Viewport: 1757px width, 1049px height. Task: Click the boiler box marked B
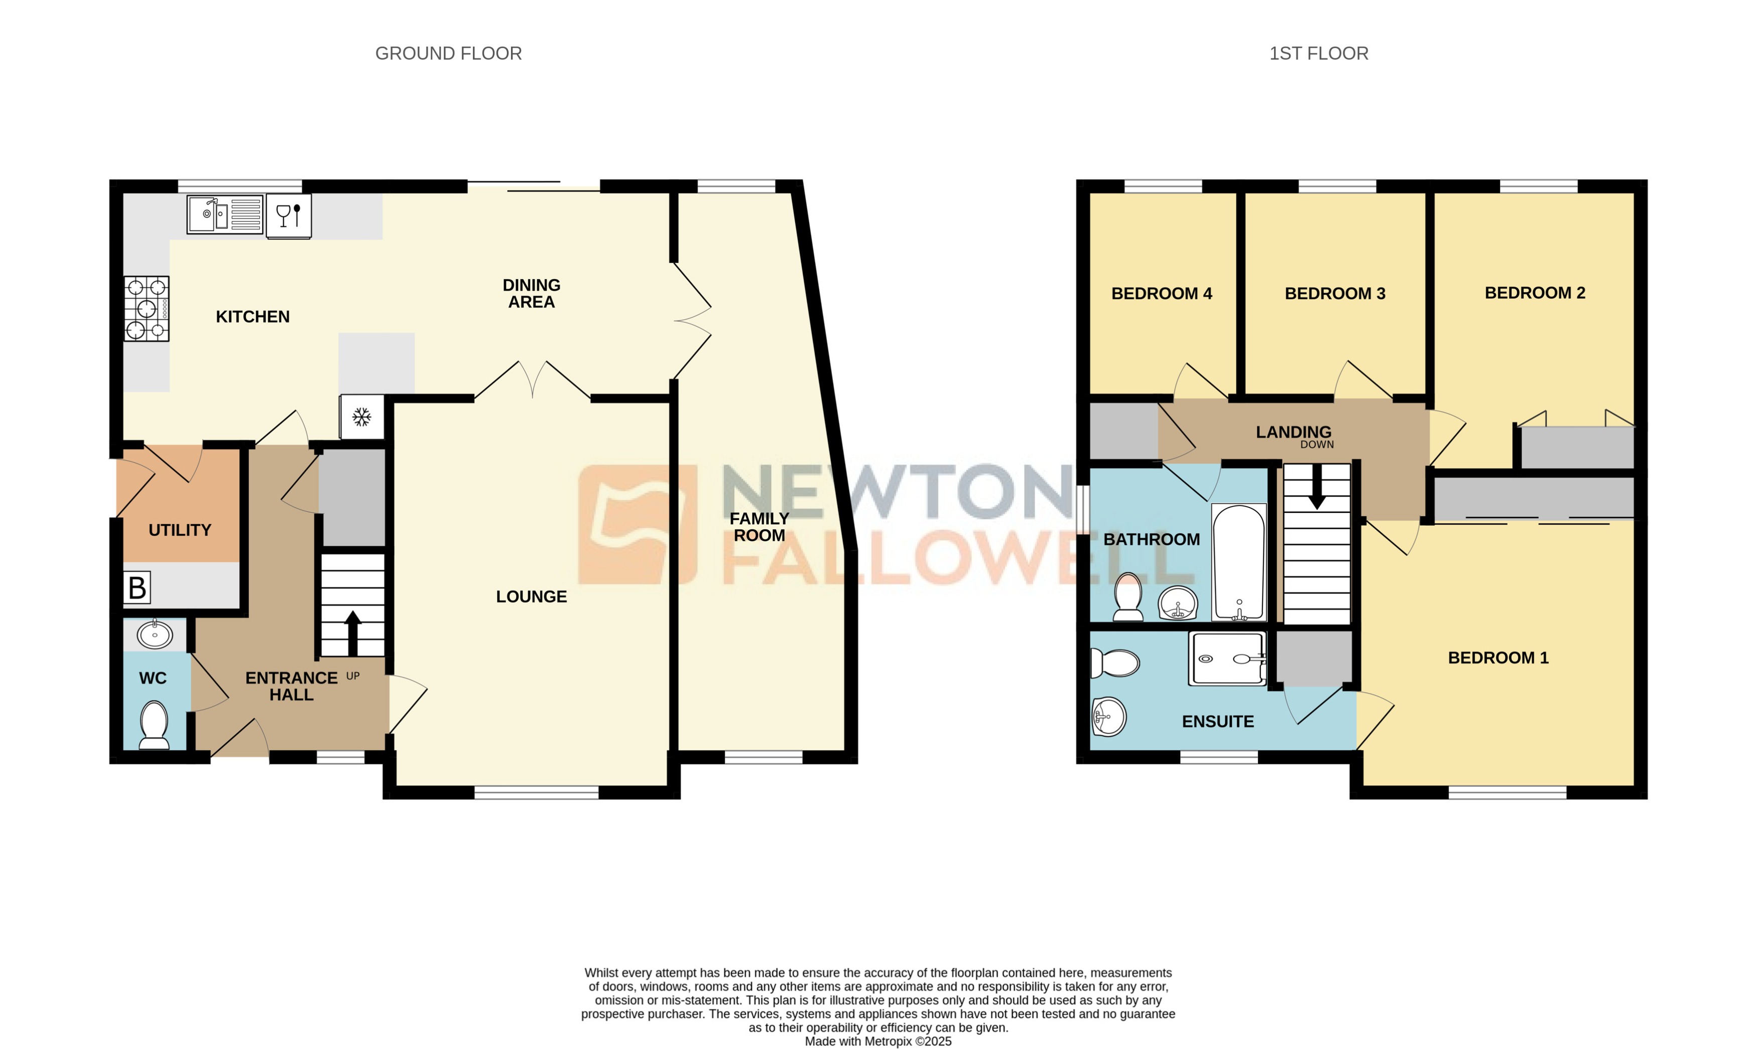[137, 587]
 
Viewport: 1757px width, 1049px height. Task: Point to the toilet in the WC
[154, 724]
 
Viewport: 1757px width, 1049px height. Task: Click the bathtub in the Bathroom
[1238, 562]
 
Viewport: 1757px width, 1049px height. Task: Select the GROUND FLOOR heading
[448, 54]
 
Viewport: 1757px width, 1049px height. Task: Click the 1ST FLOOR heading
[1318, 54]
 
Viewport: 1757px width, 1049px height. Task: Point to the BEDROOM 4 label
[1161, 293]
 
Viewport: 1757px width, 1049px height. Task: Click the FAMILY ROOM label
[759, 527]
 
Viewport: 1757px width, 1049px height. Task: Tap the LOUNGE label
[531, 597]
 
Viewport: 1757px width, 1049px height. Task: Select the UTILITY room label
[180, 530]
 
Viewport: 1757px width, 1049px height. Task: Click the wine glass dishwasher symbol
[288, 216]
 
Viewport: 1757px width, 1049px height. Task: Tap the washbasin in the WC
[155, 634]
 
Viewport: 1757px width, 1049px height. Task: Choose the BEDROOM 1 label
[1497, 658]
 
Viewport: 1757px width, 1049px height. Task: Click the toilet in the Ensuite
[1114, 663]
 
